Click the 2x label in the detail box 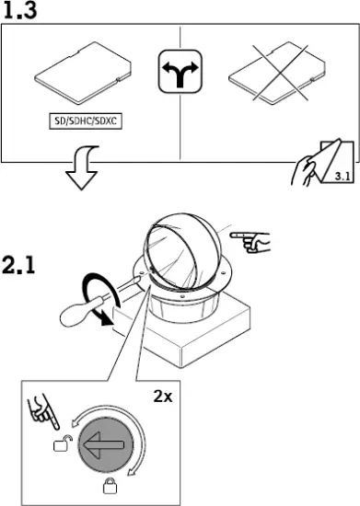pos(163,397)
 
